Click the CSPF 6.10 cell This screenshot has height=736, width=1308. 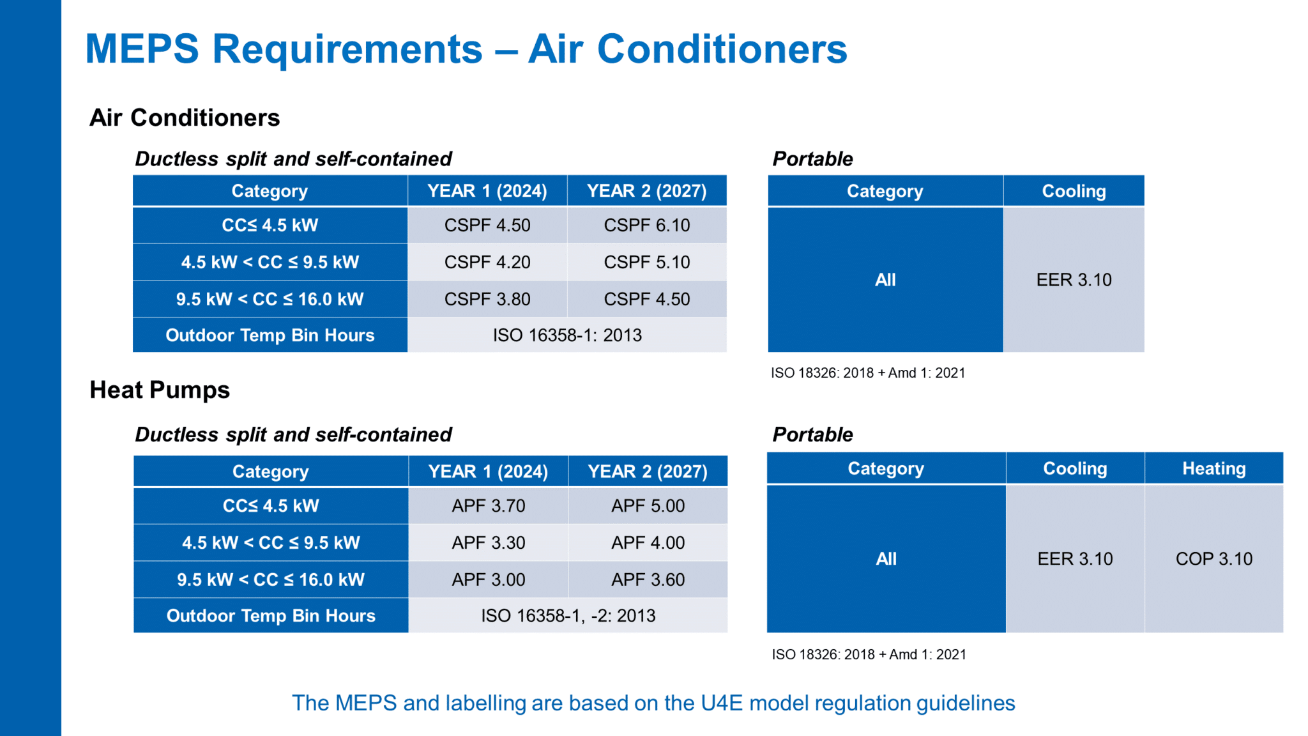point(646,225)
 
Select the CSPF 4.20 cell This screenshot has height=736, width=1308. point(487,262)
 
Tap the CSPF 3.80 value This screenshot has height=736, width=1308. point(487,299)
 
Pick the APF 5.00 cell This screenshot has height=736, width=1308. point(648,505)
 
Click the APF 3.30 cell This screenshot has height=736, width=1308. point(488,542)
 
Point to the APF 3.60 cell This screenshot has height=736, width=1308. point(648,579)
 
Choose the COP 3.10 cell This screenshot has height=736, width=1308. point(1213,558)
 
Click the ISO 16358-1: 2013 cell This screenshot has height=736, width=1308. point(567,335)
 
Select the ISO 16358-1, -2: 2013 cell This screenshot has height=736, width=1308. point(568,615)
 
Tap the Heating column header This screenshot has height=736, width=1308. point(1213,468)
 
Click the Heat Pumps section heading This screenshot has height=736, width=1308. point(160,390)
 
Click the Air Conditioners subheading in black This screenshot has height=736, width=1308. point(185,118)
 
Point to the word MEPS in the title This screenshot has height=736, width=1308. point(142,49)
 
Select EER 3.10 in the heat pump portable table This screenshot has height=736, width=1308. point(1075,558)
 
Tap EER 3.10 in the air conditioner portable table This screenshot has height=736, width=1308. point(1074,279)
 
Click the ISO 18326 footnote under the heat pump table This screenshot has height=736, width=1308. point(869,654)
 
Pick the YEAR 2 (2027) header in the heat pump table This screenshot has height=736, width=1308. point(648,471)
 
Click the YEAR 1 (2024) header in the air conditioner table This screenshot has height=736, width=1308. point(487,191)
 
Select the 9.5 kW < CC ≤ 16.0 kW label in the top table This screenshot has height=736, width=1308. point(270,299)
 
